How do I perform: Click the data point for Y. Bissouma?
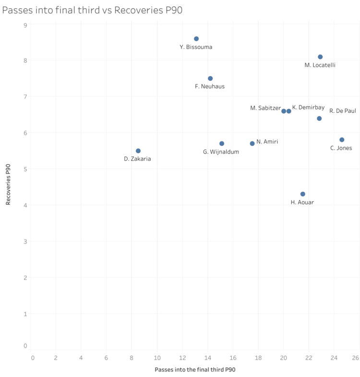[196, 39]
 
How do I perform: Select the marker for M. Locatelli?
[320, 57]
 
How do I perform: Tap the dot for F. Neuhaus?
[210, 79]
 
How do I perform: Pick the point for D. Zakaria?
[138, 151]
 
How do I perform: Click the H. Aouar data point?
[302, 194]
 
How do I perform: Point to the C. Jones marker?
[342, 140]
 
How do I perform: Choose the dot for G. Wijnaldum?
[222, 144]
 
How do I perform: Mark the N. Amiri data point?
[252, 144]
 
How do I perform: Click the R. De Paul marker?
[319, 118]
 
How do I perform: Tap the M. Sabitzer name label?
[265, 108]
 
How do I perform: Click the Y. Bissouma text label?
[196, 47]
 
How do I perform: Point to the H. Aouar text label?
[302, 202]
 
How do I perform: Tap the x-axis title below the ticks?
[195, 370]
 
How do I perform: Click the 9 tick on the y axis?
[25, 24]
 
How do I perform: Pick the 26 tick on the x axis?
[355, 358]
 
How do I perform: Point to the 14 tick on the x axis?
[207, 358]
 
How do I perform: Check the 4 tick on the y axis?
[25, 205]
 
